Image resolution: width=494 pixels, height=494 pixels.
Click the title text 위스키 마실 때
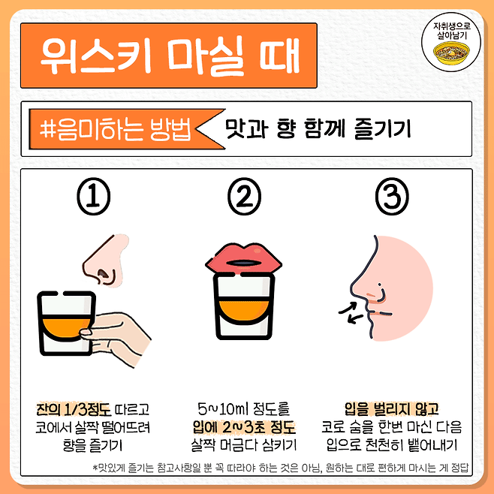[170, 56]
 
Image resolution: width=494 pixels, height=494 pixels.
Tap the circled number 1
[94, 196]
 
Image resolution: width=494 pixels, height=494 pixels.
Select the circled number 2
[245, 196]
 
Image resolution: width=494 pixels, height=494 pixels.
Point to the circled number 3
[392, 196]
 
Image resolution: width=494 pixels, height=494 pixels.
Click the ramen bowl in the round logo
[451, 53]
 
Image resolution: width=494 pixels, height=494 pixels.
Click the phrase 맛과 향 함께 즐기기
[318, 128]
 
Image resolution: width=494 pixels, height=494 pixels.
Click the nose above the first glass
[107, 260]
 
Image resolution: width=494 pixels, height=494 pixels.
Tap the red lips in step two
[243, 258]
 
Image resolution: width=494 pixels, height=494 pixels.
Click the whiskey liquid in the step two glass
[244, 311]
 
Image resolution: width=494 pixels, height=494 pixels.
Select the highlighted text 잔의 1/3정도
[74, 409]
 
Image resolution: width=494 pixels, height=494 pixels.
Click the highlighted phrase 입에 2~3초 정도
[244, 427]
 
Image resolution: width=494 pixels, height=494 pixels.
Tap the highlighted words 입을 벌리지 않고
[392, 409]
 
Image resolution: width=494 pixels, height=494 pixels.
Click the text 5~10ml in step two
[224, 409]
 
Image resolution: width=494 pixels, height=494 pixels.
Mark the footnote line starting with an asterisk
[281, 468]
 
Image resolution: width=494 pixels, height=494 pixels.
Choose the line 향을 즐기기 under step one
[92, 445]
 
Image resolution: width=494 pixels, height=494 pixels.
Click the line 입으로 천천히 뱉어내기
[392, 445]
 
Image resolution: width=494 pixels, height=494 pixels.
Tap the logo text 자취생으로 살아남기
[451, 31]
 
